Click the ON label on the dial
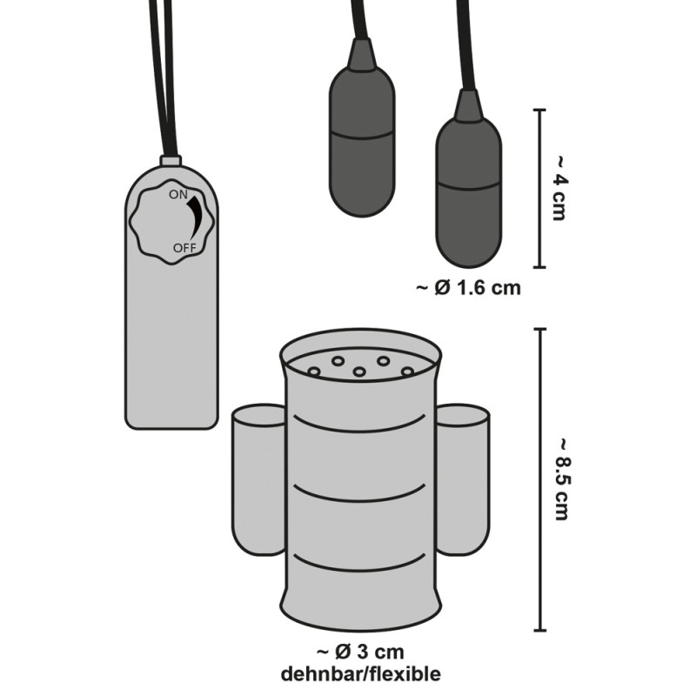coord(178,194)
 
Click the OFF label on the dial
coord(184,248)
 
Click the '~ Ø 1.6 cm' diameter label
coord(468,288)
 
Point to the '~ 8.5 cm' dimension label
coord(562,479)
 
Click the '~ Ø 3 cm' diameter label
coord(360,652)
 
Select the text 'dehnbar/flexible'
coord(361,673)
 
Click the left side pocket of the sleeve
coord(258,479)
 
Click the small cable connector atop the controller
coord(171,161)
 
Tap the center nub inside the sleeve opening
coord(359,371)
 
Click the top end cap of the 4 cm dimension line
coord(539,110)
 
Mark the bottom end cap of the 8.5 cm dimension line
coord(539,629)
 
